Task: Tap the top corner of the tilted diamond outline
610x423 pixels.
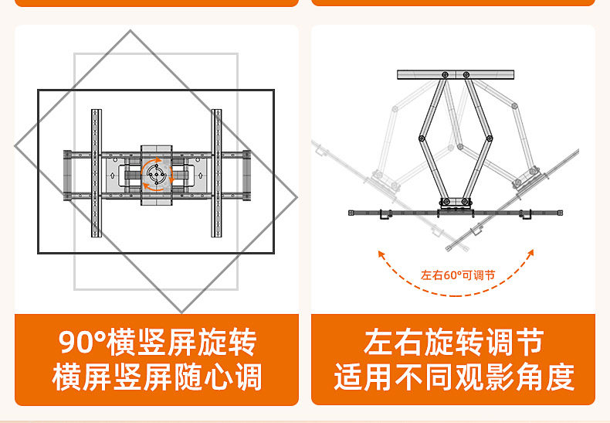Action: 130,32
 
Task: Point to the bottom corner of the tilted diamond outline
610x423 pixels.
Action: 181,312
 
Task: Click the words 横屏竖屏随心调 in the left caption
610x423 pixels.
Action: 157,377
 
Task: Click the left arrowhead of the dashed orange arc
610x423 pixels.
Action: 380,252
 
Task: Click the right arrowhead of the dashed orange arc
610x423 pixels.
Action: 531,252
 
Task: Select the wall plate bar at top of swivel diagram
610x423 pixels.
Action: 457,74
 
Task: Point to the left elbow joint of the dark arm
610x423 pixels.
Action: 422,138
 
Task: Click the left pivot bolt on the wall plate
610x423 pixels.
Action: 446,74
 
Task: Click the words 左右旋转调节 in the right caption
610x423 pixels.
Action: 453,343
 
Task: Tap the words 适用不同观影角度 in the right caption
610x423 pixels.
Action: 453,377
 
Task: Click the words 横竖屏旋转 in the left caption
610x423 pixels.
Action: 183,343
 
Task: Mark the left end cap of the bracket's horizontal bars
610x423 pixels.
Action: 67,173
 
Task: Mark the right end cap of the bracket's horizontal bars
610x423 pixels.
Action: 246,173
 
